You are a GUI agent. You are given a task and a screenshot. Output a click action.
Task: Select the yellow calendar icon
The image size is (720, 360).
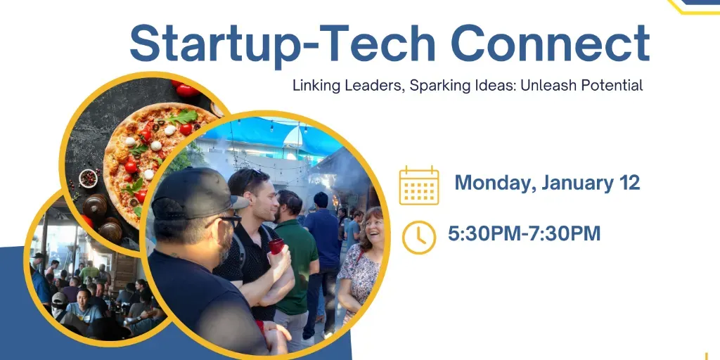click(x=419, y=185)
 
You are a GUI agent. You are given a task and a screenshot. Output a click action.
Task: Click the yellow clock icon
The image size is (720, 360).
click(x=419, y=238)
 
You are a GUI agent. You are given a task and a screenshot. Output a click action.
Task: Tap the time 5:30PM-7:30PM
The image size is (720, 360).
click(x=525, y=233)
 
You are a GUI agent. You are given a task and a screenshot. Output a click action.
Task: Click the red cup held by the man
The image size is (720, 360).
click(x=276, y=246)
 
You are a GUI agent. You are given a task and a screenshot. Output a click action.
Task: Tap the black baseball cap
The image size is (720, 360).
click(x=195, y=195)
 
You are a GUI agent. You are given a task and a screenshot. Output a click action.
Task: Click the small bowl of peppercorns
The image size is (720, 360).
click(x=88, y=178)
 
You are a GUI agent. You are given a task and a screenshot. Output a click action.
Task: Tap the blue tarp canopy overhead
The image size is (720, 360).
click(x=271, y=135)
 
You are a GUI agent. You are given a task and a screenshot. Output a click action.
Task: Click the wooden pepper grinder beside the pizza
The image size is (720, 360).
click(x=95, y=206)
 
